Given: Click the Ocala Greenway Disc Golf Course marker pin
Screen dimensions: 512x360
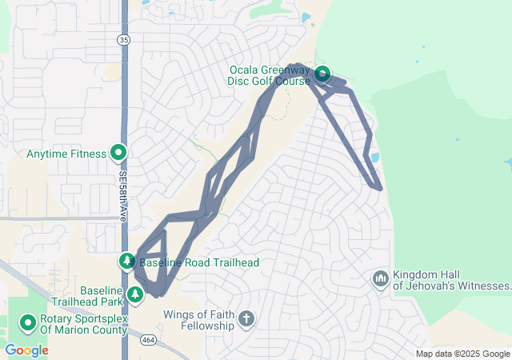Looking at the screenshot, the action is point(322,74).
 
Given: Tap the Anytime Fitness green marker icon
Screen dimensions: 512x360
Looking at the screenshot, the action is point(118,152).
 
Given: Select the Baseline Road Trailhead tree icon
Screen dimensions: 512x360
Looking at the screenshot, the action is point(127,261).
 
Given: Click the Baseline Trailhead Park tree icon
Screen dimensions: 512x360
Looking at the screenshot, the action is point(136,295).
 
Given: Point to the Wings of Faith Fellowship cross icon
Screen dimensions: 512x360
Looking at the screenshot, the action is point(246,320).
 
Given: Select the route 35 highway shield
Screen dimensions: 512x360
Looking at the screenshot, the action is point(122,39).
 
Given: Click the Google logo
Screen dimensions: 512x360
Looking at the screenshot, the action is point(26,350).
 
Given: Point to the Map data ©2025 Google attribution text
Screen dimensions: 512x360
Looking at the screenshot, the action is point(462,354).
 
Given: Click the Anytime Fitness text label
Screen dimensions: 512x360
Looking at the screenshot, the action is point(66,154).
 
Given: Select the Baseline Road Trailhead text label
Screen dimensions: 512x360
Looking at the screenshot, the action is point(198,262).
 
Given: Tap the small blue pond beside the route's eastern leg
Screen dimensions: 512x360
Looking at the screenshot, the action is point(374,157).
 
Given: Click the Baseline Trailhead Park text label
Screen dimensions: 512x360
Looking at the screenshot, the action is point(88,296).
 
